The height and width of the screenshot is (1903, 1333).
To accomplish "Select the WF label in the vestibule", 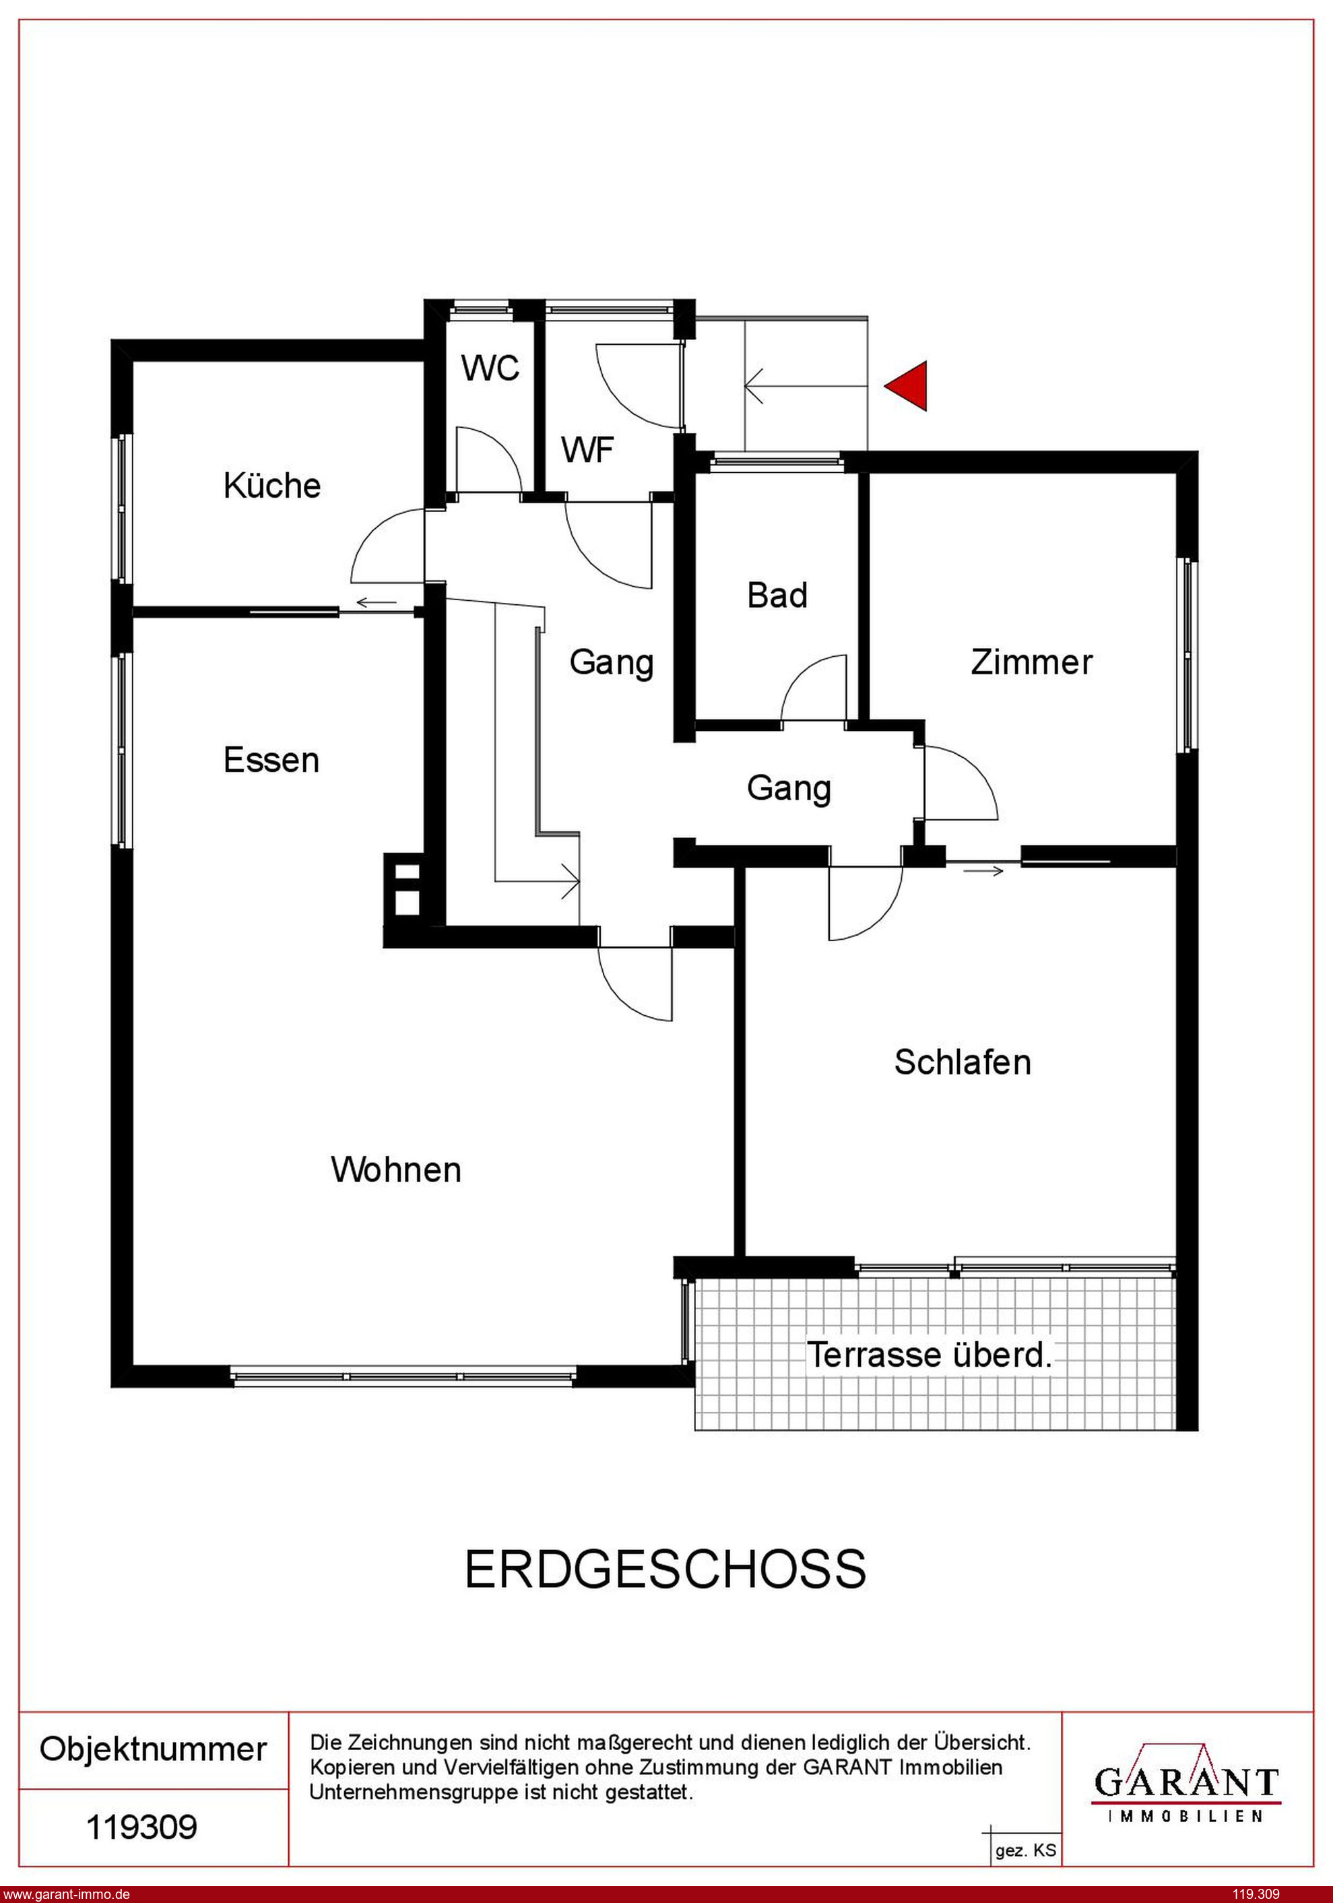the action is [587, 450].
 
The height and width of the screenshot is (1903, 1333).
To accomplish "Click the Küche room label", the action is [272, 485].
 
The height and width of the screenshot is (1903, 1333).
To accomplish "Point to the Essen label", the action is [271, 760].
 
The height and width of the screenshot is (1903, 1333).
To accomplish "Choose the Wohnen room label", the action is [396, 1169].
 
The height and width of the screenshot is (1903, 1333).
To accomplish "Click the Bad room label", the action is [777, 595].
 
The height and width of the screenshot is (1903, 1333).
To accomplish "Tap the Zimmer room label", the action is [1031, 662].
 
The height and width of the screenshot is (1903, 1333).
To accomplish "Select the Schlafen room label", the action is [963, 1062].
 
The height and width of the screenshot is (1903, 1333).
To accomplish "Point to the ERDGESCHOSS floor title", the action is [665, 1568].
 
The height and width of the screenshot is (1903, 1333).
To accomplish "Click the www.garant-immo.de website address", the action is [66, 1894].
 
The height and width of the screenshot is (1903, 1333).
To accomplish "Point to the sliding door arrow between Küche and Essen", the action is [376, 603].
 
